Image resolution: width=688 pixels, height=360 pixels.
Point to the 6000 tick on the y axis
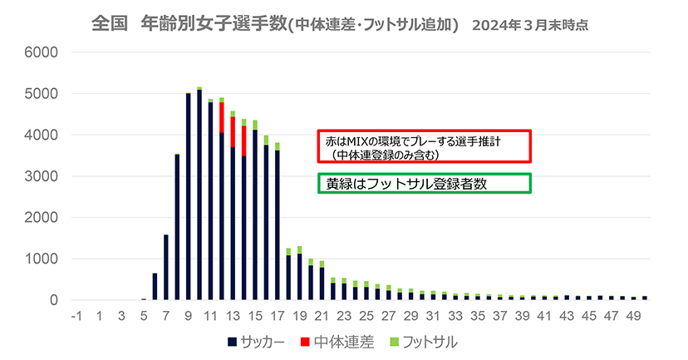[x=40, y=52]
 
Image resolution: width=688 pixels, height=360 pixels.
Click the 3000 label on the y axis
[x=40, y=176]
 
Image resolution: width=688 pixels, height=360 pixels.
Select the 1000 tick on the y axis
[x=40, y=259]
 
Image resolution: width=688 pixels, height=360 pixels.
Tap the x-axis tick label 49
[x=633, y=316]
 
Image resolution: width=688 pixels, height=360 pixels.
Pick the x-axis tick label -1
[x=76, y=316]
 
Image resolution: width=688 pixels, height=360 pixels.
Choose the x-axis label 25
[x=366, y=316]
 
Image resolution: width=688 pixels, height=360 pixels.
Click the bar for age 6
[x=155, y=286]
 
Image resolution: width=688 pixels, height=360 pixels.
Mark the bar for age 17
[x=278, y=224]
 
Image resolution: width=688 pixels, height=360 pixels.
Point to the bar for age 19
[x=299, y=277]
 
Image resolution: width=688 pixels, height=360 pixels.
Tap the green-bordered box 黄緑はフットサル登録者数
[x=424, y=183]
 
